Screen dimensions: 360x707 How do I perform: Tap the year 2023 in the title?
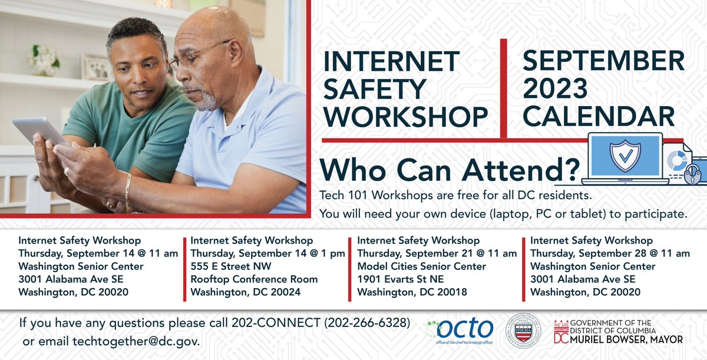[x=555, y=88]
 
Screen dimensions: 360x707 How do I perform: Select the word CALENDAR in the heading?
[x=599, y=115]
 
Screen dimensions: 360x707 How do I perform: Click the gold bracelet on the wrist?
[x=127, y=191]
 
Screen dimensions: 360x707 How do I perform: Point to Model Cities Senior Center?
[x=422, y=266]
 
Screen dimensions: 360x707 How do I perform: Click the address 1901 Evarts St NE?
[x=401, y=279]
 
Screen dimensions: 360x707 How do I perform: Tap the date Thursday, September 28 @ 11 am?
[x=610, y=253]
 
